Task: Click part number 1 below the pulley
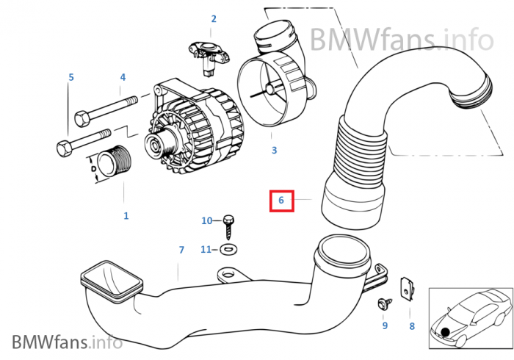[126, 216]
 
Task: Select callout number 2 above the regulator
[214, 19]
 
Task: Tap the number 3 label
[274, 151]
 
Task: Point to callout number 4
[123, 77]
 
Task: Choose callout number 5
[71, 77]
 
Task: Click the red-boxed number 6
[280, 200]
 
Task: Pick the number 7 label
[181, 251]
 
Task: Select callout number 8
[412, 325]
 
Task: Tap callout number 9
[384, 325]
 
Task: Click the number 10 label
[206, 220]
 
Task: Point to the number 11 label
[206, 249]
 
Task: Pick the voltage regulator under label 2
[210, 54]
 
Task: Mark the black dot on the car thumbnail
[445, 334]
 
